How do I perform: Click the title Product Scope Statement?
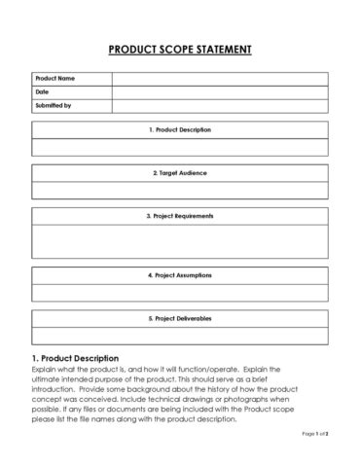pyautogui.click(x=179, y=48)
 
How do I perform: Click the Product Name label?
pyautogui.click(x=55, y=78)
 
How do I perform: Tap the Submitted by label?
pyautogui.click(x=54, y=105)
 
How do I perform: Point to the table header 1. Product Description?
pyautogui.click(x=179, y=129)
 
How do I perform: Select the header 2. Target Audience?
pyautogui.click(x=179, y=172)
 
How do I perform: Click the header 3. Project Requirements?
pyautogui.click(x=179, y=215)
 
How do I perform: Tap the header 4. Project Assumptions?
pyautogui.click(x=179, y=275)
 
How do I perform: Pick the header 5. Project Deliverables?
pyautogui.click(x=179, y=318)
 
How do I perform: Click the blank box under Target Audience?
pyautogui.click(x=179, y=190)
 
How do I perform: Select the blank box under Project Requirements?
pyautogui.click(x=179, y=240)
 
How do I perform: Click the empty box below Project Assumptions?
pyautogui.click(x=179, y=292)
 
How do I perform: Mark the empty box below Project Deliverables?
pyautogui.click(x=179, y=335)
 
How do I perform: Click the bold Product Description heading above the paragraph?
pyautogui.click(x=75, y=358)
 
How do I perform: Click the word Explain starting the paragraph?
pyautogui.click(x=45, y=370)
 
